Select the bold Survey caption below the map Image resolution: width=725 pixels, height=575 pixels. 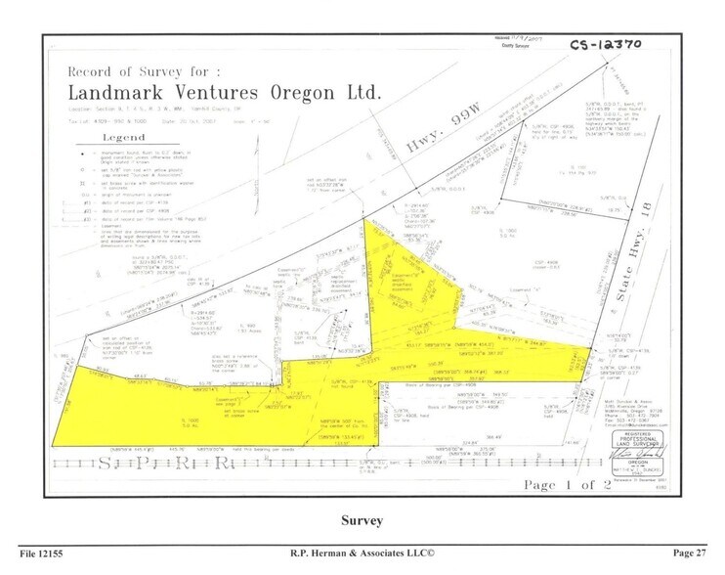click(362, 521)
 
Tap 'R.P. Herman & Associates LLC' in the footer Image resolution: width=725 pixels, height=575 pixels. click(362, 553)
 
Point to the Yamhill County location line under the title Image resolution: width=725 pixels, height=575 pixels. click(147, 112)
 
